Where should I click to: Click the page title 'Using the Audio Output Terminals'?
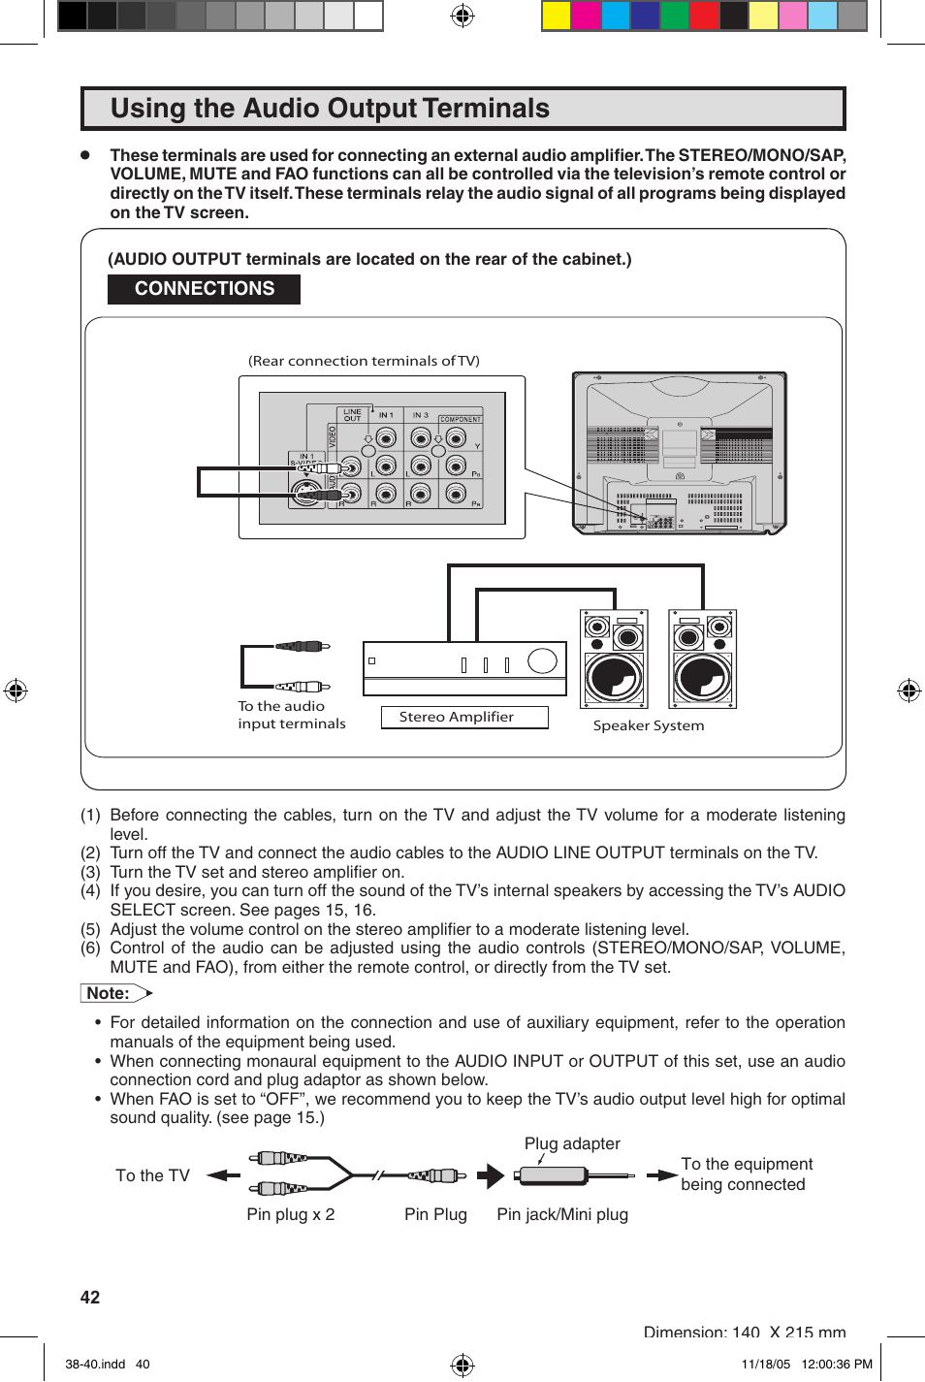point(330,109)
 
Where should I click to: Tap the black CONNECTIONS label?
point(204,289)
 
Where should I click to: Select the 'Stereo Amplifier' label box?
point(457,717)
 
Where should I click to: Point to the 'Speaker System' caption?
point(649,725)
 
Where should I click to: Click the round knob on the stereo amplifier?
point(542,660)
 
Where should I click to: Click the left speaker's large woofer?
point(614,676)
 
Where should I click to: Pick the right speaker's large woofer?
point(703,676)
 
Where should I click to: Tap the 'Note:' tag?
point(109,993)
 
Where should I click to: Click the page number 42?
point(90,1298)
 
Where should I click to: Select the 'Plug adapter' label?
point(572,1143)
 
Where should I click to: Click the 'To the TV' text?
point(152,1175)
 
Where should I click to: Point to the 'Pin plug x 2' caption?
point(290,1214)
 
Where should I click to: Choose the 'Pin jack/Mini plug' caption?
point(562,1214)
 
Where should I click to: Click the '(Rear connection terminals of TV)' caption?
point(364,361)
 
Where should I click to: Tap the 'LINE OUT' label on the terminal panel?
point(352,415)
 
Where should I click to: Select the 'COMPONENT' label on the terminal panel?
point(461,420)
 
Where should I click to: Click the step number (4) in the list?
point(90,890)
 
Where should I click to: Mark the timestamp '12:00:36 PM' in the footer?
point(837,1364)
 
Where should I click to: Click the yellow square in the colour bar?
point(556,16)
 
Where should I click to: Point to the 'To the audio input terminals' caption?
point(291,715)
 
